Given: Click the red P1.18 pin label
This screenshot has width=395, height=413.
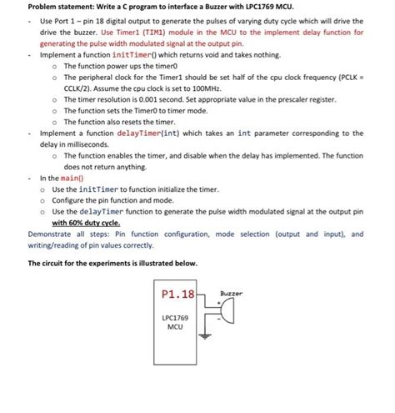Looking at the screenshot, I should click(x=176, y=295).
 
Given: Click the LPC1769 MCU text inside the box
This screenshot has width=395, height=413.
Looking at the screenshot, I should click(x=175, y=323).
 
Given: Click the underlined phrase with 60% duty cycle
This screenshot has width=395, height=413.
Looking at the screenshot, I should click(x=86, y=224).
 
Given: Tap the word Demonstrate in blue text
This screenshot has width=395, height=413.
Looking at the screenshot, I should click(x=52, y=234).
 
